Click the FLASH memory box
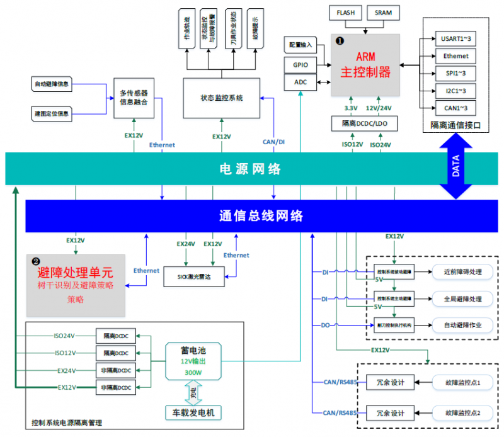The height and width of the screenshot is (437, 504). coord(345,13)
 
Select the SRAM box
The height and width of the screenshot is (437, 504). coord(382,13)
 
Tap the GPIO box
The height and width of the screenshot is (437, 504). coord(299,64)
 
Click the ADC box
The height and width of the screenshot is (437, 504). coord(299,82)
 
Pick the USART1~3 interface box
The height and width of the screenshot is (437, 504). coord(455,38)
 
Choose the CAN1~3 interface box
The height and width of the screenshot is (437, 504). coord(455,108)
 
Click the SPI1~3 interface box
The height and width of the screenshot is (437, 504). coord(455,73)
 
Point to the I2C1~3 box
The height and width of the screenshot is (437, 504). coord(455,91)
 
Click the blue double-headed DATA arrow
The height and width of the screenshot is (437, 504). coord(455,167)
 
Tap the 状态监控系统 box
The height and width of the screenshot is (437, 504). coord(222,98)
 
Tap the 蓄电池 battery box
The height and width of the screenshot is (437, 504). coord(193,361)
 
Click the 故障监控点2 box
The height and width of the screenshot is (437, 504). coord(462,413)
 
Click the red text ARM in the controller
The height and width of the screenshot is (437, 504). coord(366,57)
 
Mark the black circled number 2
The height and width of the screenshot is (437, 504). coord(36,260)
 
